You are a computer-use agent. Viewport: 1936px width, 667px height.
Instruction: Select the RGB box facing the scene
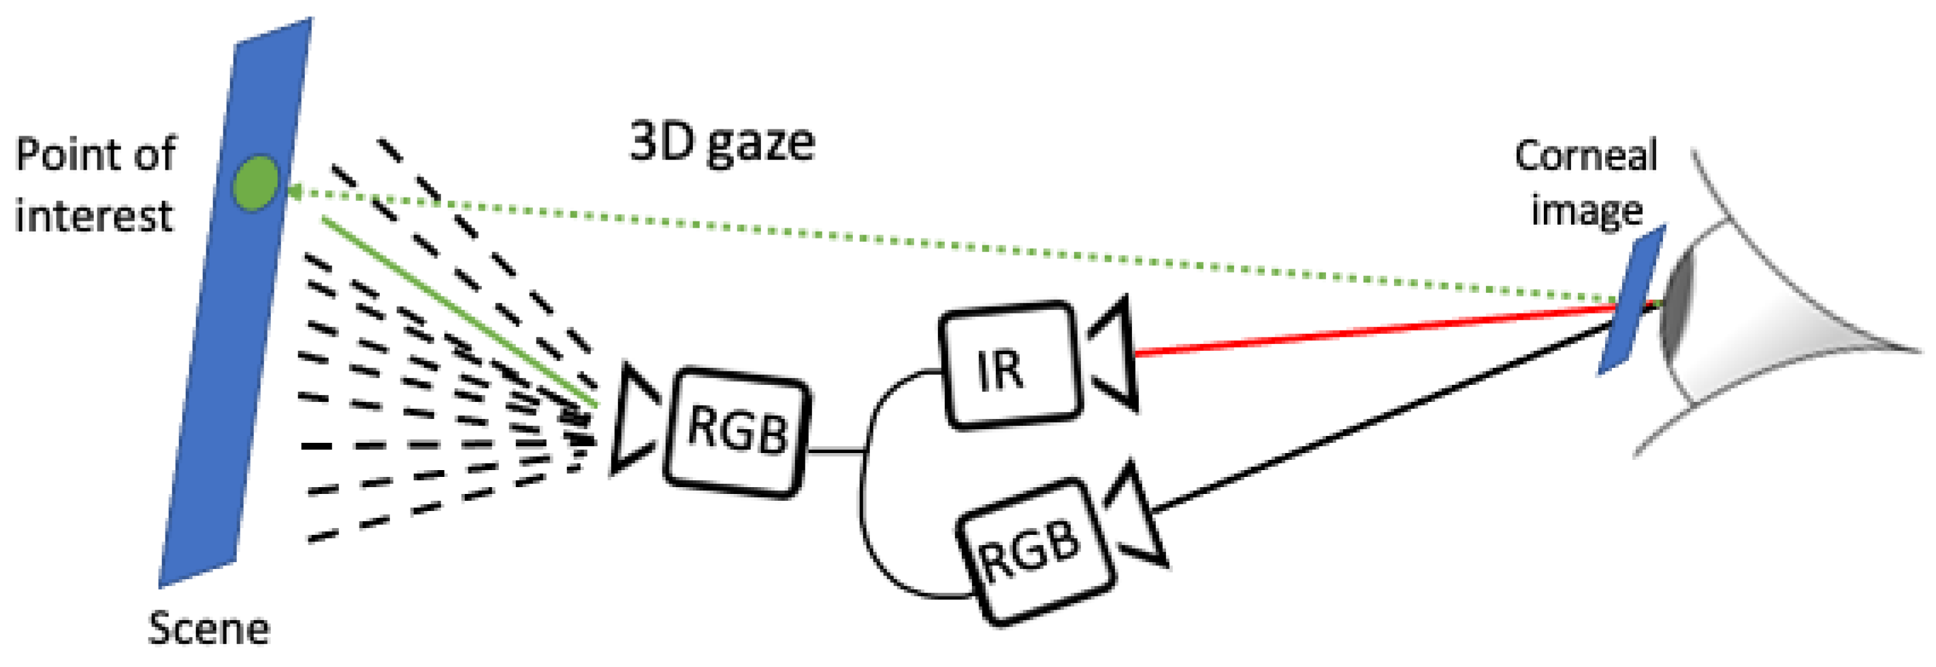pyautogui.click(x=737, y=432)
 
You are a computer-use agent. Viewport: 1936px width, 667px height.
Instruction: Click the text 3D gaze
pyautogui.click(x=722, y=142)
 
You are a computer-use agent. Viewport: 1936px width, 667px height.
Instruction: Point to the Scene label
pyautogui.click(x=208, y=629)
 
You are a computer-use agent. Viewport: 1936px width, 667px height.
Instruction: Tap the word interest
pyautogui.click(x=94, y=216)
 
